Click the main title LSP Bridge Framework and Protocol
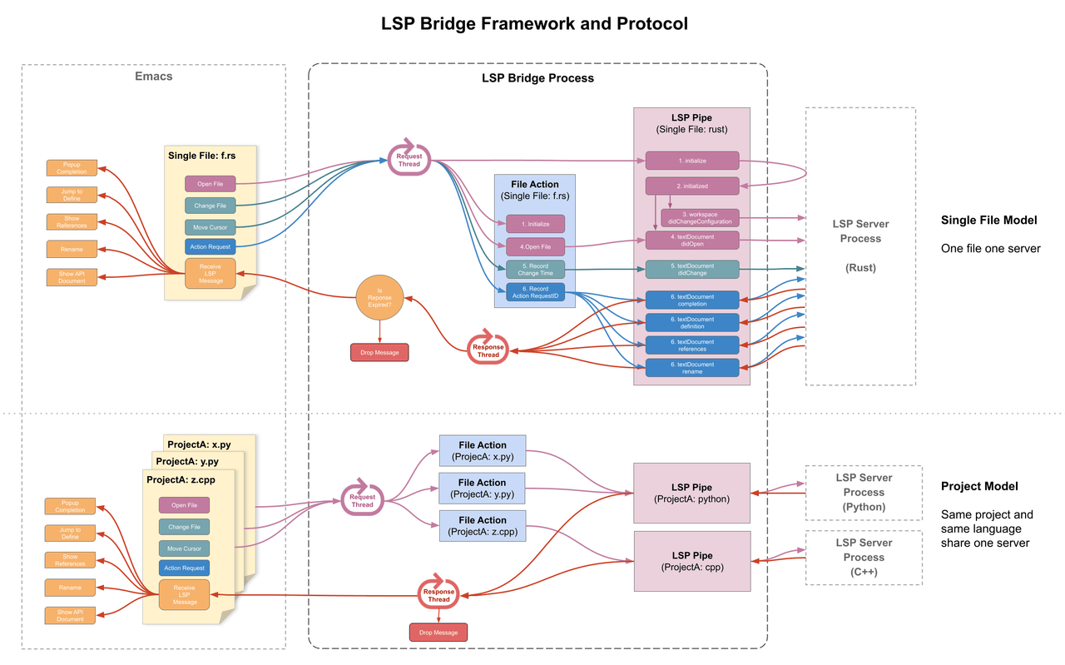click(534, 23)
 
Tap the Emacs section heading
click(153, 77)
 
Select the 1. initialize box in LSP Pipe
click(692, 160)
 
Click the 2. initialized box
click(692, 186)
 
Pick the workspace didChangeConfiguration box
click(700, 218)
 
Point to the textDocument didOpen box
click(692, 241)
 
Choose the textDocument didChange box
click(692, 269)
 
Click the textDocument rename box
click(692, 367)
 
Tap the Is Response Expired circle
click(379, 298)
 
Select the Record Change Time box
click(535, 269)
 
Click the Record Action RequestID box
click(535, 291)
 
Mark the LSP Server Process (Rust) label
click(860, 246)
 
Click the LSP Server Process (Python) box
click(864, 492)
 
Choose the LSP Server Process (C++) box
click(864, 557)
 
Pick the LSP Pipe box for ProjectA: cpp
click(691, 560)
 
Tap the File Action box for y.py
click(482, 489)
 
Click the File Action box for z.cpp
click(482, 526)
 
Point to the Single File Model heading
click(988, 221)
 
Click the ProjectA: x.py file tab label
click(198, 444)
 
